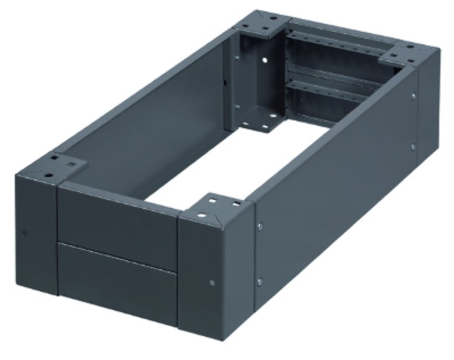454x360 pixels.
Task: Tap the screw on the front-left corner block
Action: pos(24,232)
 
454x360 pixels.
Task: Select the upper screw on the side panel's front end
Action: pos(260,225)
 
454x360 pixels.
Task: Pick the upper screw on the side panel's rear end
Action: pos(414,96)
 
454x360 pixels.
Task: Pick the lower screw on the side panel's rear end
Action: pos(413,147)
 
